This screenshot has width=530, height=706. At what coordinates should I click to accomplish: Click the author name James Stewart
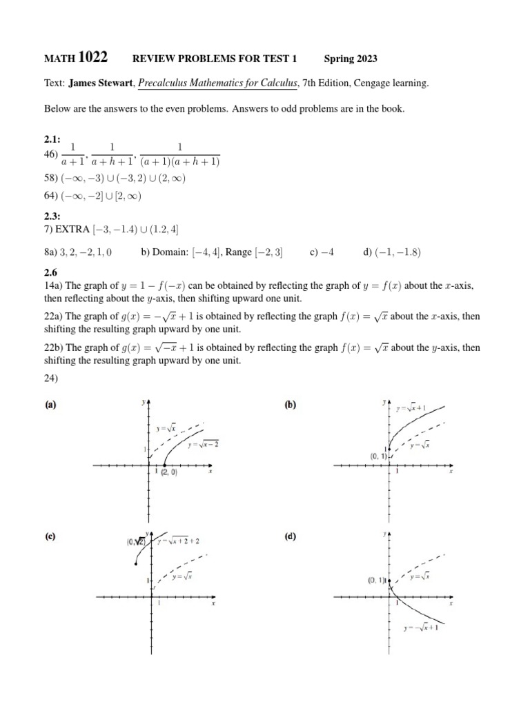(x=101, y=83)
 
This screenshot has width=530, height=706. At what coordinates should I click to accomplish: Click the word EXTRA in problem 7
(x=72, y=229)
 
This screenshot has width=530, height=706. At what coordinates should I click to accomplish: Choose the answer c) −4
(x=322, y=252)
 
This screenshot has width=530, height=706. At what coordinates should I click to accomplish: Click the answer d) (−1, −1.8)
(x=391, y=252)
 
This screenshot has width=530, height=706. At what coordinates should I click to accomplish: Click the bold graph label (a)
(x=50, y=405)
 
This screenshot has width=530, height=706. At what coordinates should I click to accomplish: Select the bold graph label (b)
(x=290, y=405)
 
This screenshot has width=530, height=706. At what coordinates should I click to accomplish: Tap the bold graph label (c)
(x=50, y=536)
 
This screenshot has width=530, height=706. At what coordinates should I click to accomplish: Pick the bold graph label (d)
(x=290, y=536)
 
